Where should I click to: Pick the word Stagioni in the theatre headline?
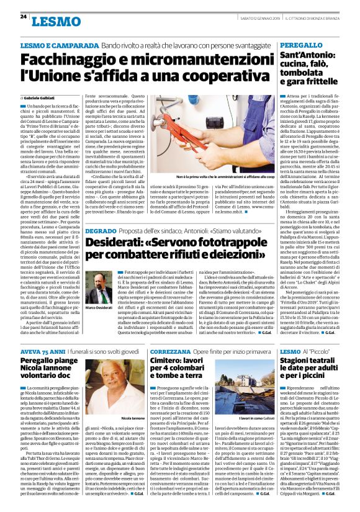pyautogui.click(x=300, y=362)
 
